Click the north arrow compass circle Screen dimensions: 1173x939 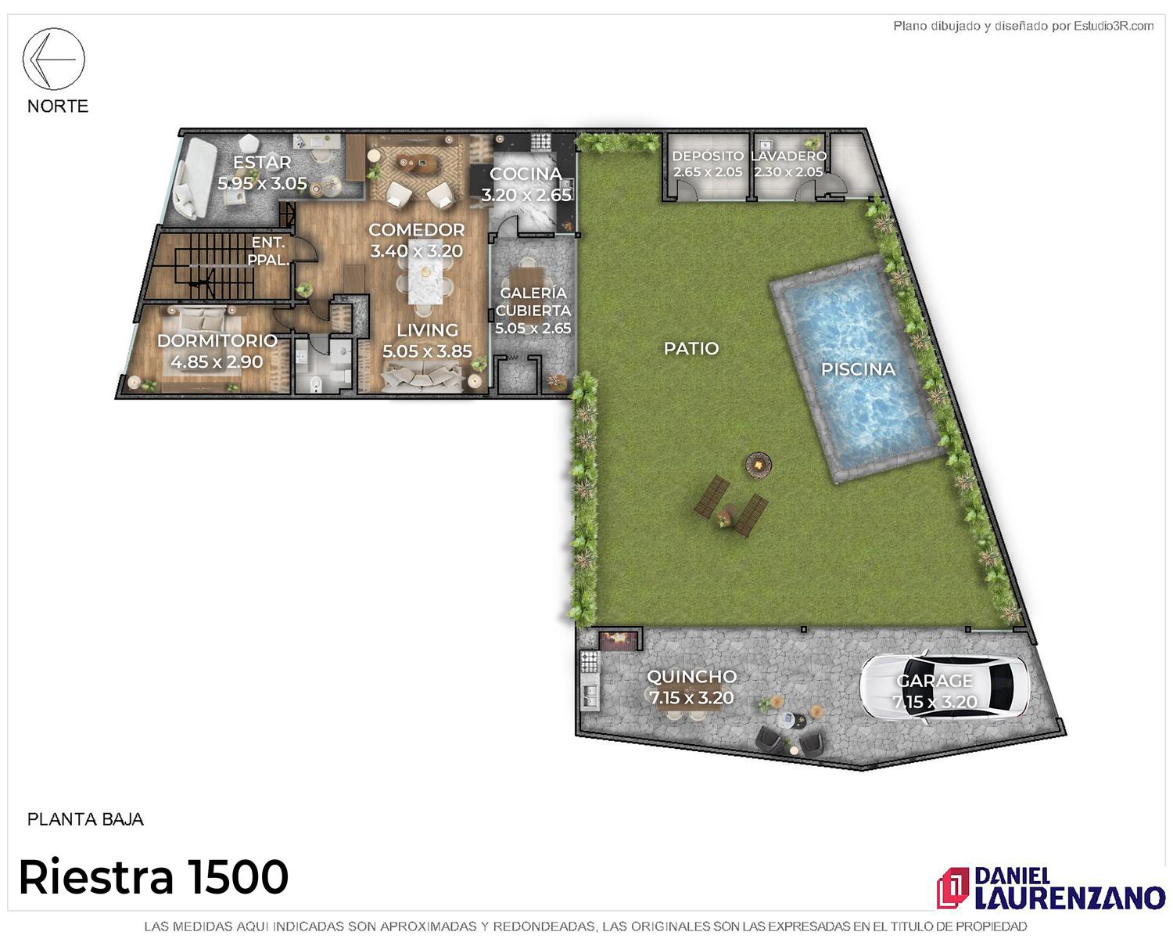click(x=53, y=28)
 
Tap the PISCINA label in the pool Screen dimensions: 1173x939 click(x=859, y=369)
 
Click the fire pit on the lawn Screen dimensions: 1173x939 click(x=759, y=465)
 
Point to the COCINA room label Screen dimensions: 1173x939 click(x=526, y=174)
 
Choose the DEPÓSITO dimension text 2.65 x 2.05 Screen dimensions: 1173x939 click(x=708, y=172)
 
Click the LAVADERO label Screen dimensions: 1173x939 click(x=788, y=156)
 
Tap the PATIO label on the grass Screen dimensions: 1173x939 click(x=691, y=349)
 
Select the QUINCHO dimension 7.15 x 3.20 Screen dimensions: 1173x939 click(x=691, y=697)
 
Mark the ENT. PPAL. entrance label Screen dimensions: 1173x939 click(x=268, y=251)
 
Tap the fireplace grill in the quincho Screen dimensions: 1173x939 click(x=618, y=640)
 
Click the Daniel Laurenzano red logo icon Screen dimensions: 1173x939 click(x=952, y=888)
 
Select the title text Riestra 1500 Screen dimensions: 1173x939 click(x=154, y=877)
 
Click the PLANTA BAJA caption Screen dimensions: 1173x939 click(x=85, y=819)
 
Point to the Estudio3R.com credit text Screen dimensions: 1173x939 click(x=1023, y=26)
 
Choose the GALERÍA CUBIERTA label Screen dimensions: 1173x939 click(x=533, y=302)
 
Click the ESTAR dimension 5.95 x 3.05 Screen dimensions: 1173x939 click(x=262, y=183)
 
